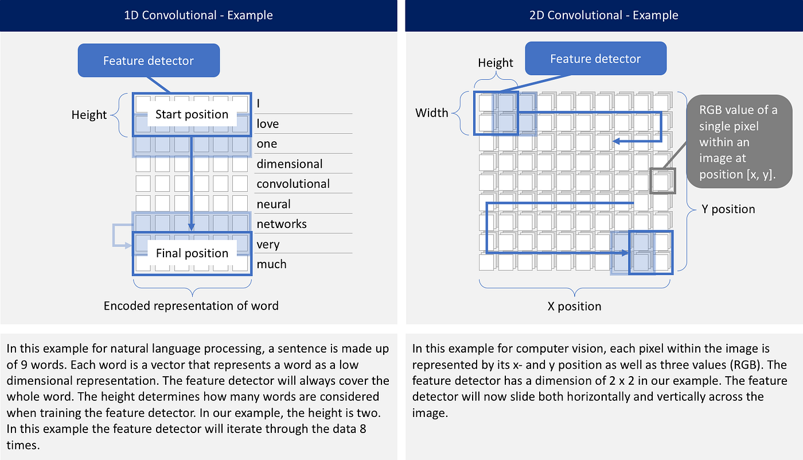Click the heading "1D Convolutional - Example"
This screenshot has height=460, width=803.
(198, 15)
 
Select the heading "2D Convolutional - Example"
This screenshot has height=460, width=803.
(603, 15)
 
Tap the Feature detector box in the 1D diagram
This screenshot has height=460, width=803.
(149, 60)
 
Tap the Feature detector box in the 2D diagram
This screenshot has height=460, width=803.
(595, 59)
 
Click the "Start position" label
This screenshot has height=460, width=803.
(192, 114)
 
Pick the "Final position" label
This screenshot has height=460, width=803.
(192, 253)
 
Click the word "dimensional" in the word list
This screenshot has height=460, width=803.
(289, 164)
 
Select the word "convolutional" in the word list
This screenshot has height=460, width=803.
(293, 184)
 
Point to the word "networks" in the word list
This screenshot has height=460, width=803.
(281, 224)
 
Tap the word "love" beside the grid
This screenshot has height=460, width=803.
(267, 123)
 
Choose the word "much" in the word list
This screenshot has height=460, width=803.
(271, 264)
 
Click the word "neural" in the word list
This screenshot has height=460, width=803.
(274, 204)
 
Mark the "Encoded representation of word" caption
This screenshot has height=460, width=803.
(191, 306)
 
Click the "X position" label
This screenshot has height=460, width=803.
(574, 306)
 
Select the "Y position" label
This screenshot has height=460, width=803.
(728, 209)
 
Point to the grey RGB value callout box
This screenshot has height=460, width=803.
(738, 141)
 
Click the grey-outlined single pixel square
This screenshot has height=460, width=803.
(662, 181)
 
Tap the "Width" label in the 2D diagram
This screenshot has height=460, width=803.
(432, 113)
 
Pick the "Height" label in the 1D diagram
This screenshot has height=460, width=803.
(89, 115)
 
